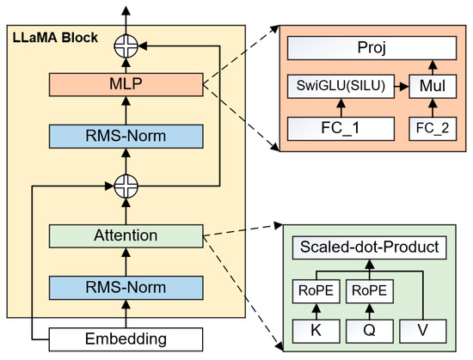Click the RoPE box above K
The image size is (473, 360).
point(316,290)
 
